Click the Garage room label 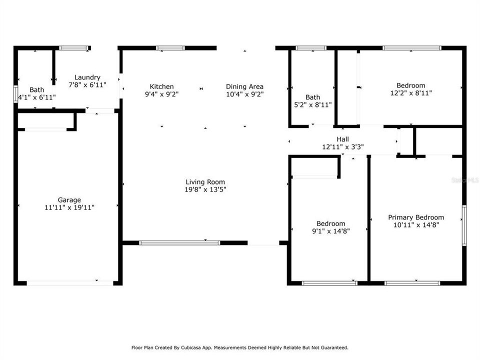(x=69, y=200)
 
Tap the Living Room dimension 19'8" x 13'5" (x=205, y=190)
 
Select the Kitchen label (x=161, y=86)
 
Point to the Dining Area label (x=244, y=86)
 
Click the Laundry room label (x=87, y=77)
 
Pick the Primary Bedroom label (x=416, y=217)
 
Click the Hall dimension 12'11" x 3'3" (x=342, y=147)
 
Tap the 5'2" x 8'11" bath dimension (x=313, y=104)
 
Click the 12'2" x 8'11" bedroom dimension (x=411, y=92)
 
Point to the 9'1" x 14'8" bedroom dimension (x=330, y=231)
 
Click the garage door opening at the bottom (x=70, y=283)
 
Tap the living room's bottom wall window (x=179, y=243)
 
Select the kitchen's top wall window (x=170, y=48)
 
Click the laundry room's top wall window (x=74, y=48)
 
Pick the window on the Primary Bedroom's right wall (x=464, y=225)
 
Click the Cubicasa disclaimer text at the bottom (x=240, y=347)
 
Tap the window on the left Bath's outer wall (x=15, y=94)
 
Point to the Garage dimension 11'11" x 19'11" (x=69, y=207)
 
